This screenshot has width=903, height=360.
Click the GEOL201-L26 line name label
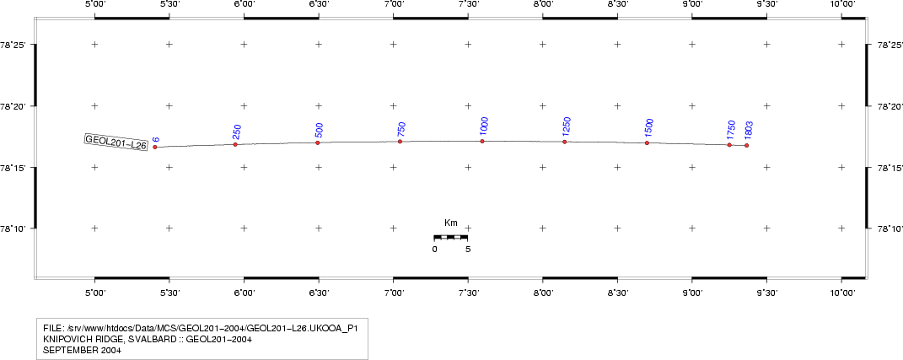pyautogui.click(x=116, y=142)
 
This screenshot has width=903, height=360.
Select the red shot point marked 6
pyautogui.click(x=155, y=147)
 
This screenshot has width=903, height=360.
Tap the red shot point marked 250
pyautogui.click(x=235, y=144)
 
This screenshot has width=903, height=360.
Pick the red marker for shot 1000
pyautogui.click(x=482, y=141)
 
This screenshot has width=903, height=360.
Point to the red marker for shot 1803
pyautogui.click(x=746, y=145)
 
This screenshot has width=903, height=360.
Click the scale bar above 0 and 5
pyautogui.click(x=451, y=237)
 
